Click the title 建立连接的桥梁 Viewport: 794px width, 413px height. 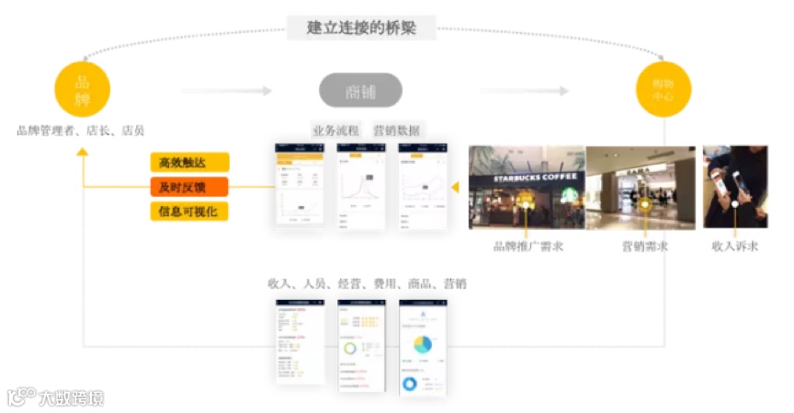pos(361,28)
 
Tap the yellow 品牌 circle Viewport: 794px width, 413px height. pos(83,89)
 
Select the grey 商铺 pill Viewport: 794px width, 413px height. pos(360,91)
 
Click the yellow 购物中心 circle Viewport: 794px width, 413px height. pos(664,89)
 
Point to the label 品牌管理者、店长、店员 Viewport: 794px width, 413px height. pos(81,131)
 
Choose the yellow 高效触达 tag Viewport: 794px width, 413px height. pos(189,163)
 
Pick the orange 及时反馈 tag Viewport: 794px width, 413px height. pos(189,188)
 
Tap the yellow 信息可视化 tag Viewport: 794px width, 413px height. pos(189,212)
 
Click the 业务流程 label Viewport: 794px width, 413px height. pos(335,131)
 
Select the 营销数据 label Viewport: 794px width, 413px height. pos(396,131)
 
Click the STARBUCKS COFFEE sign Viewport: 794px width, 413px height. pos(527,177)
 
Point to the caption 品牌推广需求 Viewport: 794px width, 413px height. pos(527,247)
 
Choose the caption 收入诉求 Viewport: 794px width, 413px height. pos(735,247)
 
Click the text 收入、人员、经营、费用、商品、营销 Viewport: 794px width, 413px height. pos(367,284)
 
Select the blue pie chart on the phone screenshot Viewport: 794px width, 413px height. pos(422,344)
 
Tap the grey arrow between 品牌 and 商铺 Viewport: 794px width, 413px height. pos(226,91)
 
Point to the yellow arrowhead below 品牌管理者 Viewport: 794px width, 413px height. pos(83,152)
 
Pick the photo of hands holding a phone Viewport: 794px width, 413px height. pos(735,187)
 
